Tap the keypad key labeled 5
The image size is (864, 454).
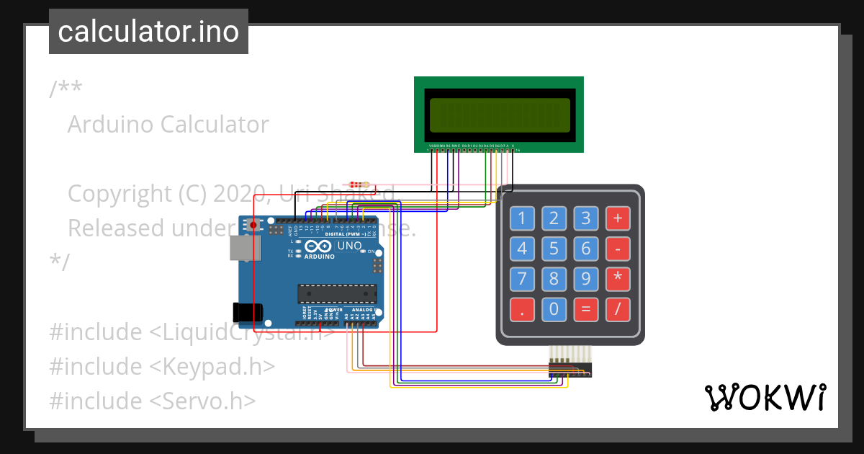pos(554,249)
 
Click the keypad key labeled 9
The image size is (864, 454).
pos(585,280)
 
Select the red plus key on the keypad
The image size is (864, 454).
pos(617,218)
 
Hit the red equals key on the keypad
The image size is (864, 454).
pos(585,310)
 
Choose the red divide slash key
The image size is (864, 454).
pos(617,310)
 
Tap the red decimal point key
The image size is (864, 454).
pos(522,310)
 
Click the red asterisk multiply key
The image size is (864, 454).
pos(617,280)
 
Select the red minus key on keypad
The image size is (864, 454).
pos(617,249)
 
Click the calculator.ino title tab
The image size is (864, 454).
pos(148,32)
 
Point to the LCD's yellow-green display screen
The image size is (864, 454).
pos(498,114)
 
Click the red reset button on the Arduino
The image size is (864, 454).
pos(253,225)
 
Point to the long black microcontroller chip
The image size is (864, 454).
pos(338,294)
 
